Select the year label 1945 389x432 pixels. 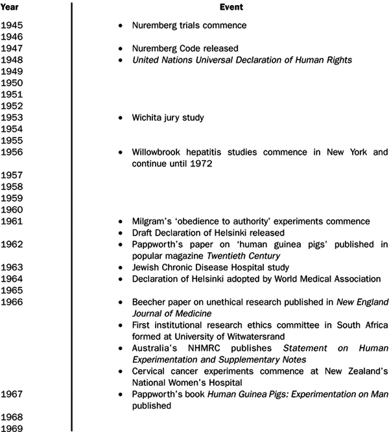pyautogui.click(x=12, y=26)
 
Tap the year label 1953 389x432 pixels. pyautogui.click(x=12, y=118)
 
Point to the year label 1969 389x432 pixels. pyautogui.click(x=12, y=427)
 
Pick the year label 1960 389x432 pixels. pyautogui.click(x=12, y=210)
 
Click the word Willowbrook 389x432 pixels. pyautogui.click(x=159, y=152)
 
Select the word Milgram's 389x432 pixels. pyautogui.click(x=153, y=221)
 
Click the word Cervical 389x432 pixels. pyautogui.click(x=150, y=371)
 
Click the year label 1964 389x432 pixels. pyautogui.click(x=12, y=279)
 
